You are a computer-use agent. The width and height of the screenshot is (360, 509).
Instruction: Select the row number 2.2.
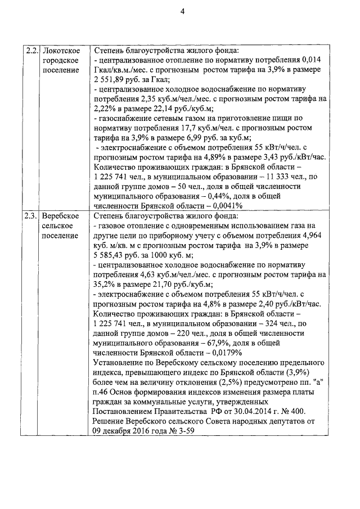(31, 51)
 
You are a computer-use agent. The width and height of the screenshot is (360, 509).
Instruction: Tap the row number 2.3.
(31, 216)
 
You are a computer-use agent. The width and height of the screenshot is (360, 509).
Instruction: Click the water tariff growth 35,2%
(102, 285)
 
